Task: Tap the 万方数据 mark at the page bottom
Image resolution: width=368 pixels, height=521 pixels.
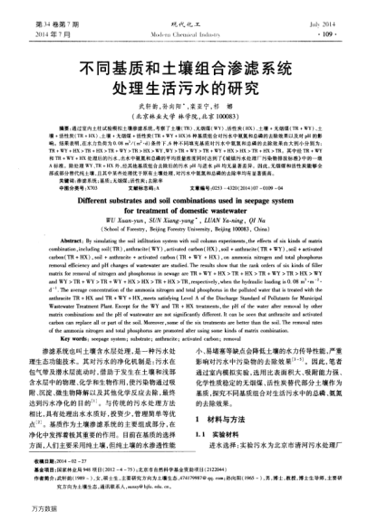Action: pyautogui.click(x=23, y=512)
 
